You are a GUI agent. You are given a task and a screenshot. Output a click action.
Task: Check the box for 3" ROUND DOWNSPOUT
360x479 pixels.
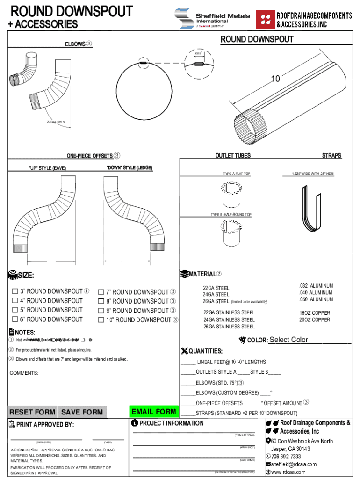coord(14,292)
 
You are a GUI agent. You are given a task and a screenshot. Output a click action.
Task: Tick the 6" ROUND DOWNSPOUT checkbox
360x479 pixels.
coord(14,319)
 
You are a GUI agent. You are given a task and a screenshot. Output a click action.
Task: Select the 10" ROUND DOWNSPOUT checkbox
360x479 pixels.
coord(101,320)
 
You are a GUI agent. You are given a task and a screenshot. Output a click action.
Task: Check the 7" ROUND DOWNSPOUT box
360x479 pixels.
coord(101,292)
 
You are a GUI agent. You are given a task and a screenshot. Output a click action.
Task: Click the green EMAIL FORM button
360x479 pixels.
coord(154,412)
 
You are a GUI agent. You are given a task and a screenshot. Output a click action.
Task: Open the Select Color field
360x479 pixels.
coord(309,340)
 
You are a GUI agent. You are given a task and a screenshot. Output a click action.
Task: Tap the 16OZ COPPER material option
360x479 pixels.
coord(315,313)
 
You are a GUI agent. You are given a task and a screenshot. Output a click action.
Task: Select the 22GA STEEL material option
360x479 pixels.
coord(216,288)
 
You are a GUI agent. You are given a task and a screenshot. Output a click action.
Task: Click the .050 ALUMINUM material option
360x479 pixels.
coord(316,299)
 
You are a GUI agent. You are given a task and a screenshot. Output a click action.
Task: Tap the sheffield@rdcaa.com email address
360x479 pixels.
coord(294,464)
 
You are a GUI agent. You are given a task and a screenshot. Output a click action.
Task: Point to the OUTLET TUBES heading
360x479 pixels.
coord(233,156)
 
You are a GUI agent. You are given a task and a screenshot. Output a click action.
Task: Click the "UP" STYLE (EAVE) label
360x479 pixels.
coord(47,168)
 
